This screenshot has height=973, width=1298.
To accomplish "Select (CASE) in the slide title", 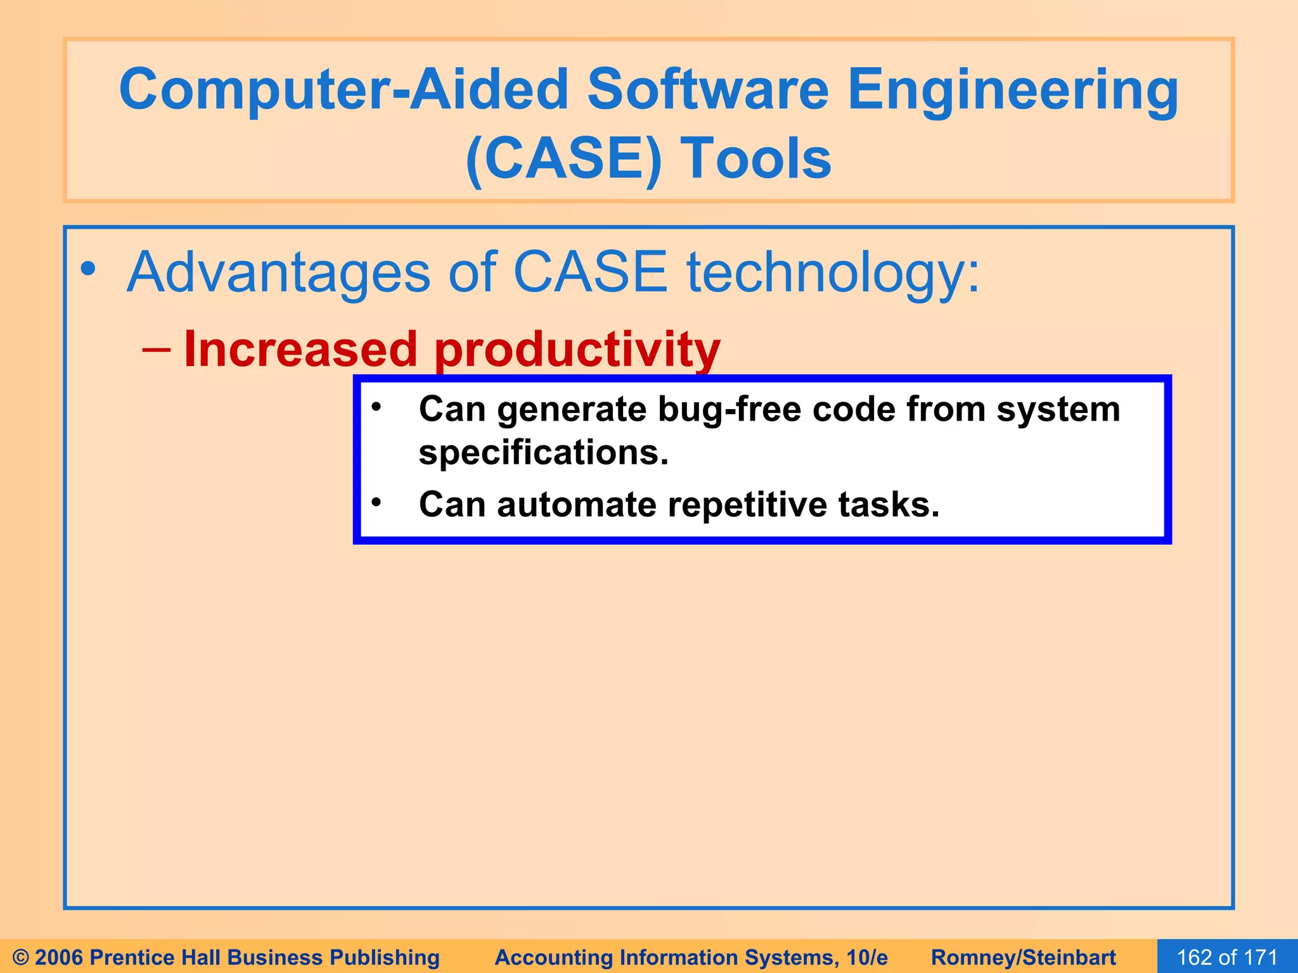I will click(x=563, y=159).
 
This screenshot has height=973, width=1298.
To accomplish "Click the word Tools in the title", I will click(x=755, y=159).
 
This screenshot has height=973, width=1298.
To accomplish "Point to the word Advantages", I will click(x=279, y=273).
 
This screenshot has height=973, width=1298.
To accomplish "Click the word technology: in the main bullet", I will click(x=833, y=273).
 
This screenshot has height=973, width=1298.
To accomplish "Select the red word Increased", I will click(x=300, y=350).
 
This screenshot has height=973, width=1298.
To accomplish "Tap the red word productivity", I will click(x=577, y=351).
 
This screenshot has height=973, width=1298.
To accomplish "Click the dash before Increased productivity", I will click(x=156, y=350).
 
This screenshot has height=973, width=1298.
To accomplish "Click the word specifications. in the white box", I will click(x=543, y=453).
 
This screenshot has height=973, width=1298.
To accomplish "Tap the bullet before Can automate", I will click(x=376, y=502).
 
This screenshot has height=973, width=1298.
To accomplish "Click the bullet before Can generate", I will click(x=376, y=407).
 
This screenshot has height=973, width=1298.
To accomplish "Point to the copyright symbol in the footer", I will click(x=20, y=957).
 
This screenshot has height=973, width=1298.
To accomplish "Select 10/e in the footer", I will click(x=866, y=957).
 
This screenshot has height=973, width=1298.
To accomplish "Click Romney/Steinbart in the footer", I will click(x=1023, y=957).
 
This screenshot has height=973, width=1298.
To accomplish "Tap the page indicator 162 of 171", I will click(x=1227, y=957).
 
